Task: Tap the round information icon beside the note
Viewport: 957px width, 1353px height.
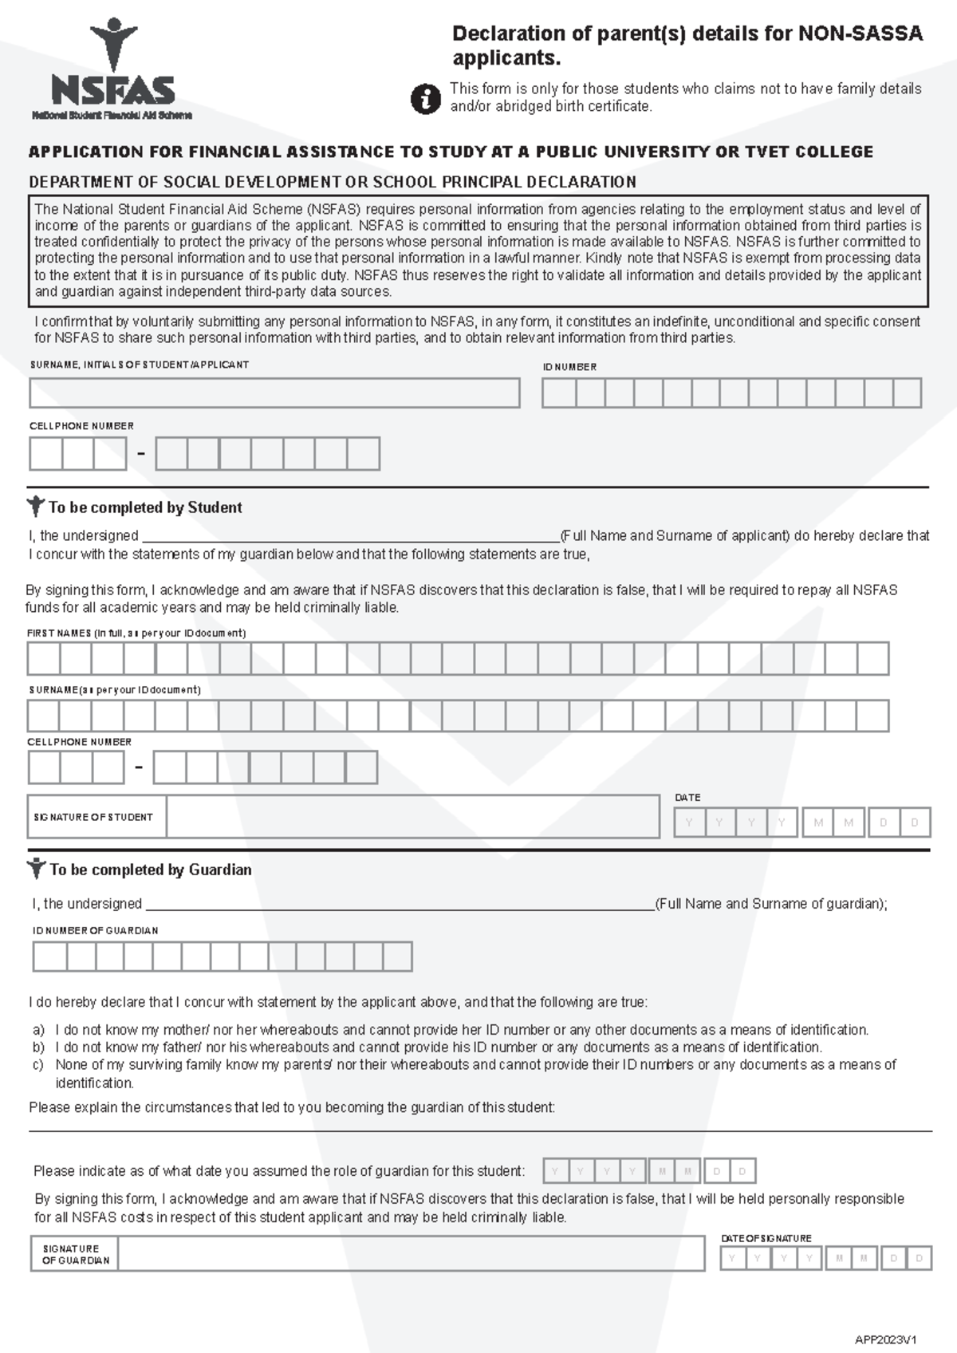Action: tap(425, 99)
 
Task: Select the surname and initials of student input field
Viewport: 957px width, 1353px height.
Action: tap(274, 393)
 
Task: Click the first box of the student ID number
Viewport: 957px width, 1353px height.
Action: tap(559, 393)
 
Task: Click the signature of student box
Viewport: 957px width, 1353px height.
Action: tap(412, 817)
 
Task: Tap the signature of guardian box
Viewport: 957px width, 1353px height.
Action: tap(411, 1254)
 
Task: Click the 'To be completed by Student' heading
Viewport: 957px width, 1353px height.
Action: tap(144, 507)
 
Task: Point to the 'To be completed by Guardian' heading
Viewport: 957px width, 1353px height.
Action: tap(150, 870)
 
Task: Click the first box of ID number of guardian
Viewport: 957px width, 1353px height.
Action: tap(49, 957)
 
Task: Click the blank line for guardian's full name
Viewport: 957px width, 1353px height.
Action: tap(399, 903)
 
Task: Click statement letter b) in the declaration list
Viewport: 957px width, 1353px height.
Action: tap(38, 1047)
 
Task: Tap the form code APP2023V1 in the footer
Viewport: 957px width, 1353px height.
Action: tap(885, 1339)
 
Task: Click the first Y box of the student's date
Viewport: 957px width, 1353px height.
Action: tap(689, 822)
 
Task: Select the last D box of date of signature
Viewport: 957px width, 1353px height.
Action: tap(919, 1259)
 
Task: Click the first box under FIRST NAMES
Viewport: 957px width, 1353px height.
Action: tap(44, 660)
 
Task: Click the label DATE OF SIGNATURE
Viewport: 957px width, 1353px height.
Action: tap(766, 1238)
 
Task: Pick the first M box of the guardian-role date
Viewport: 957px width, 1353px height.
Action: tap(661, 1171)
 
